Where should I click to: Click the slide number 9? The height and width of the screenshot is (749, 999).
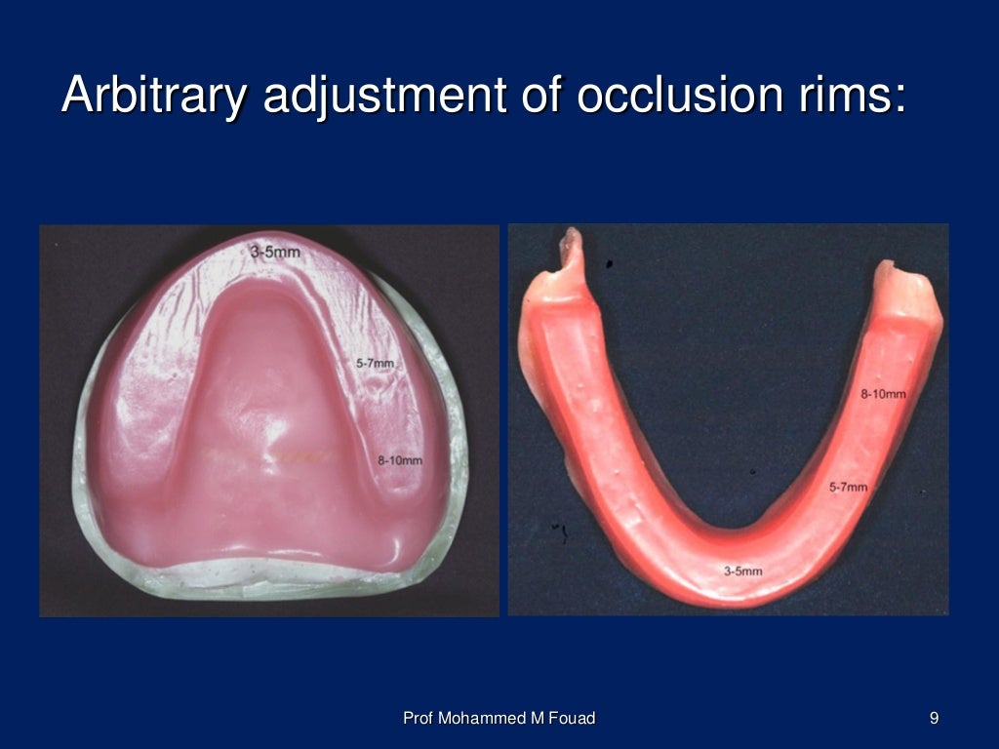pyautogui.click(x=934, y=719)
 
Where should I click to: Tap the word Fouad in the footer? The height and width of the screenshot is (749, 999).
pyautogui.click(x=571, y=719)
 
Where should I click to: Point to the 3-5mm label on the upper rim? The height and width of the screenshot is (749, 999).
pyautogui.click(x=275, y=252)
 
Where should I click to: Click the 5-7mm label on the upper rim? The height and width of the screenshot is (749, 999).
pyautogui.click(x=375, y=364)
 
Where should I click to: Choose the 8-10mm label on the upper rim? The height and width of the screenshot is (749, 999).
pyautogui.click(x=400, y=460)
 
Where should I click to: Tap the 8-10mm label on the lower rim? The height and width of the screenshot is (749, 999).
pyautogui.click(x=883, y=394)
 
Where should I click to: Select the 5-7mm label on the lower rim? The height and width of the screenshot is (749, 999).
pyautogui.click(x=848, y=486)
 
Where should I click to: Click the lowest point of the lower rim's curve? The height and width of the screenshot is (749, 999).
pyautogui.click(x=737, y=600)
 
